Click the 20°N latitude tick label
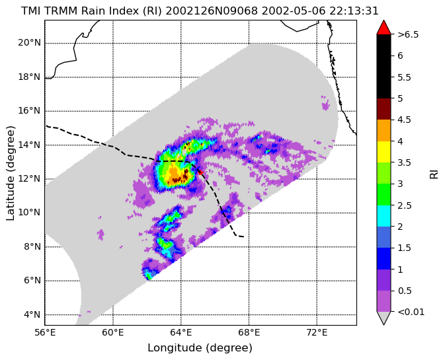click(29, 43)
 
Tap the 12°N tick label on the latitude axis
click(29, 179)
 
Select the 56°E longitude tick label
click(45, 332)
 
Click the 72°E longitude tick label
click(317, 332)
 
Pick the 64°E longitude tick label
click(181, 332)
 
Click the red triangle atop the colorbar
click(384, 27)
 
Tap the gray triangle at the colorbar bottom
click(384, 318)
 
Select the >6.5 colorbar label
click(408, 34)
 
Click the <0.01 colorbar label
click(411, 312)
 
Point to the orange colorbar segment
click(384, 130)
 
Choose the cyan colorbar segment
click(384, 216)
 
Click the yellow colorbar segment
click(384, 152)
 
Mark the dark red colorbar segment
click(384, 109)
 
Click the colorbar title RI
click(434, 173)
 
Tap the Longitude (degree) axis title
click(200, 348)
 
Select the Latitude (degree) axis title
click(11, 173)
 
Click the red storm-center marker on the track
click(200, 172)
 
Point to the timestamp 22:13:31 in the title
click(354, 11)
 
